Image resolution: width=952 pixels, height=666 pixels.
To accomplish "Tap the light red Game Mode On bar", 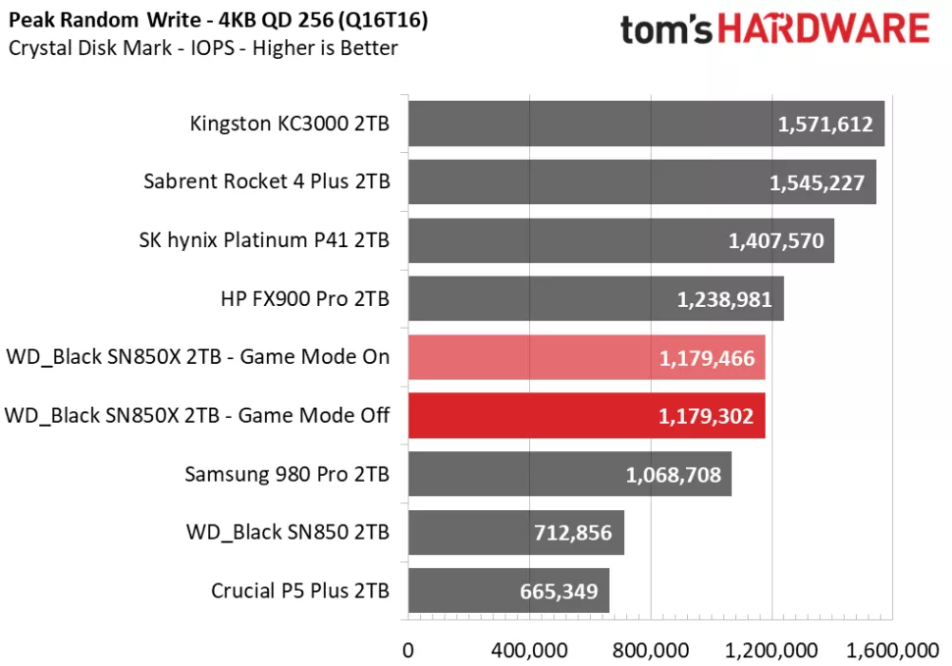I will click(x=586, y=358).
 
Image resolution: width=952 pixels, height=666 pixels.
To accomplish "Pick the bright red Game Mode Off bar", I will click(x=586, y=416).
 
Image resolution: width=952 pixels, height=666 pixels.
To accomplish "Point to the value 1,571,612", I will click(x=823, y=125).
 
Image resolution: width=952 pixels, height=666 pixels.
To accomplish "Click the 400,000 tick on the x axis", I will click(x=531, y=649).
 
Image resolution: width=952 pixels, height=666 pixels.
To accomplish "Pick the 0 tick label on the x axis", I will click(x=408, y=649).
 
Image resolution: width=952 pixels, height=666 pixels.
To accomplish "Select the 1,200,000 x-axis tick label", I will click(x=772, y=649).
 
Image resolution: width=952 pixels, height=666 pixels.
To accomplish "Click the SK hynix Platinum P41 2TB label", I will click(x=265, y=240).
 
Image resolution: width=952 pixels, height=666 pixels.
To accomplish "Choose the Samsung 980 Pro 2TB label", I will click(x=287, y=475).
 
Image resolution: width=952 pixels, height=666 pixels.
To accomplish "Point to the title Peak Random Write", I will click(x=92, y=21).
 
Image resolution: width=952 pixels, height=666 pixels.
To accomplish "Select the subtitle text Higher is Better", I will click(x=325, y=47).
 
